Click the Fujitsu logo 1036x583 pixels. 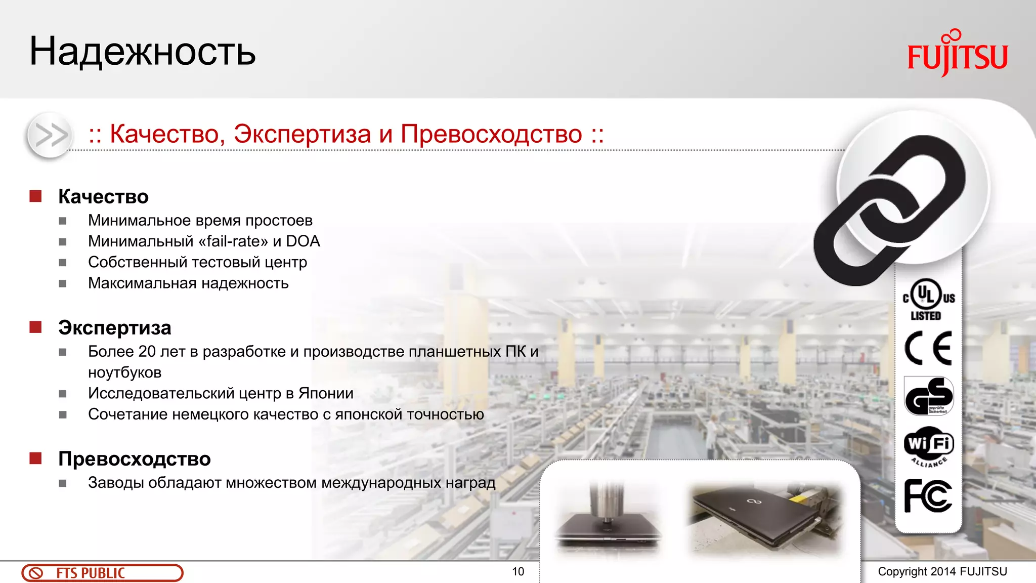957,54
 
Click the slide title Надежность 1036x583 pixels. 143,52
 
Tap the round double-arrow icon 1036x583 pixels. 50,135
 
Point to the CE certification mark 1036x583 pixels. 928,348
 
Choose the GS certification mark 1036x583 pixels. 929,396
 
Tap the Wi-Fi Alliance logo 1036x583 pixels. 929,446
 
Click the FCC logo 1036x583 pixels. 928,496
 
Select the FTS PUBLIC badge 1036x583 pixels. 102,573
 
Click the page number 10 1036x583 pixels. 518,572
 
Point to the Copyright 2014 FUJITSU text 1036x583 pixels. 942,572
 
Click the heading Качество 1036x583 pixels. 103,196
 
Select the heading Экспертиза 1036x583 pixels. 114,327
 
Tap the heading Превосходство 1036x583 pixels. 134,459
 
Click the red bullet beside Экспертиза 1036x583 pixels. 35,327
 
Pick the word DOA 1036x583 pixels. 303,241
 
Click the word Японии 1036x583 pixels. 326,393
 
